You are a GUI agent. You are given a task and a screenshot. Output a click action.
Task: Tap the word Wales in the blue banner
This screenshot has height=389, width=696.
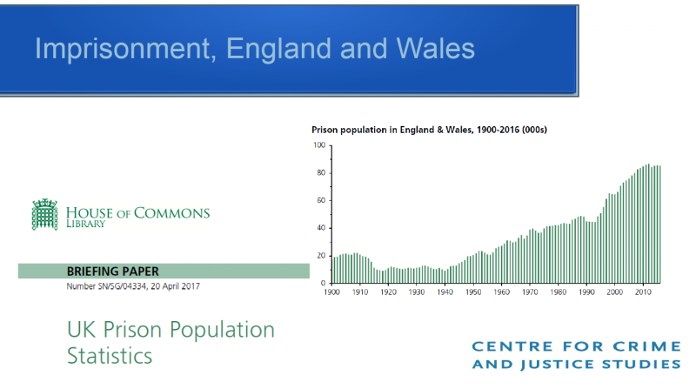(436, 48)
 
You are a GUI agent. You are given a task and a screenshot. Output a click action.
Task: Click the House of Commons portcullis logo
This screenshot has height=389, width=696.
(45, 214)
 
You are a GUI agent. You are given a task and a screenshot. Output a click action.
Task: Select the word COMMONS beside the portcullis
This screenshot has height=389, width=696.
(171, 213)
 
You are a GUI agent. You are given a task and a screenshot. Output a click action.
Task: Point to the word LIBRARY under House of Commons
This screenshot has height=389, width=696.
(86, 224)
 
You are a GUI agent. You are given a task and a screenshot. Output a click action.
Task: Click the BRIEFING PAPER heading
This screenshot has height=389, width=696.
(113, 271)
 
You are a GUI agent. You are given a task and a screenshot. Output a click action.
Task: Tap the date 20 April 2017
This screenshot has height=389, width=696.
(176, 286)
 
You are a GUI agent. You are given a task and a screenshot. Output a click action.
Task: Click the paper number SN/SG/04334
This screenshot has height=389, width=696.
(120, 286)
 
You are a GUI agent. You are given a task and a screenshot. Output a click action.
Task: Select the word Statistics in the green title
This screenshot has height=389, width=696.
(110, 356)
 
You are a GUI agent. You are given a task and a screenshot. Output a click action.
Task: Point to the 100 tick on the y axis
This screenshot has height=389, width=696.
(319, 145)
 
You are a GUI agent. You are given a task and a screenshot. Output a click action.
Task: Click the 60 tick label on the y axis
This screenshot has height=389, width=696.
(321, 200)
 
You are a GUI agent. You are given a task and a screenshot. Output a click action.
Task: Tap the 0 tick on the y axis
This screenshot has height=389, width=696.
(323, 283)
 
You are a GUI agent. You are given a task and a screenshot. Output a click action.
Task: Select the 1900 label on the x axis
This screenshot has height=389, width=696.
(331, 292)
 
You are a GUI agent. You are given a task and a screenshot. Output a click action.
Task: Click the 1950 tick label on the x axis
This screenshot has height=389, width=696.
(473, 292)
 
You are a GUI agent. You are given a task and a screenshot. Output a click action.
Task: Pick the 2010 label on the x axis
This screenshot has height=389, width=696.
(643, 292)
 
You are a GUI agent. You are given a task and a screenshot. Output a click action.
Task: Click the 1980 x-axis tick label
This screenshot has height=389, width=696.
(558, 292)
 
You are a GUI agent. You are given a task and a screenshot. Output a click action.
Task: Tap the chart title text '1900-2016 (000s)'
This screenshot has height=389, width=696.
(512, 130)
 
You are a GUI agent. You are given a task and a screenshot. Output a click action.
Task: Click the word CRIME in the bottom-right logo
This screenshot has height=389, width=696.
(647, 346)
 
